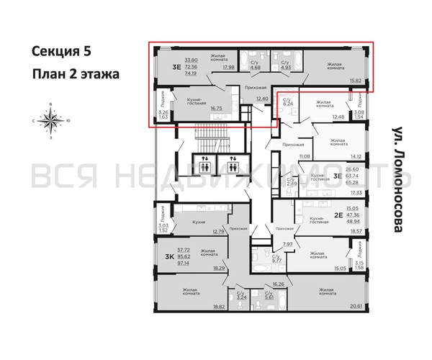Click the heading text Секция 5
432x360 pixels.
coord(61,51)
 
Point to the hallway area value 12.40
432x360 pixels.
coord(261,99)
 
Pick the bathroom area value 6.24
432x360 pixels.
coord(287,104)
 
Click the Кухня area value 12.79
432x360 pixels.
coord(219,231)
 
